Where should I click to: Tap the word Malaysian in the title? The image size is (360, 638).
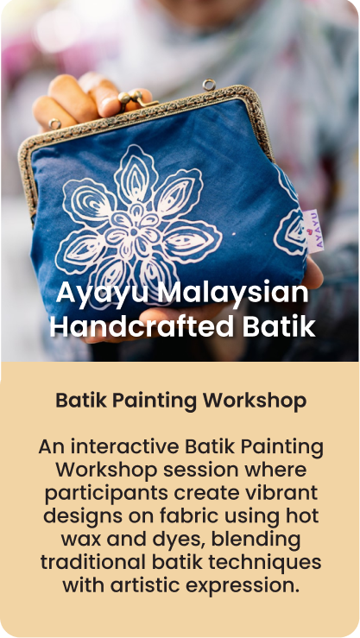coord(233,292)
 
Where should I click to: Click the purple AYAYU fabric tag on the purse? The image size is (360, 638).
coord(314,231)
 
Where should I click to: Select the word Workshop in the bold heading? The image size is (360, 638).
coord(255,401)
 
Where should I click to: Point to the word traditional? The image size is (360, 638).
coord(92,563)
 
